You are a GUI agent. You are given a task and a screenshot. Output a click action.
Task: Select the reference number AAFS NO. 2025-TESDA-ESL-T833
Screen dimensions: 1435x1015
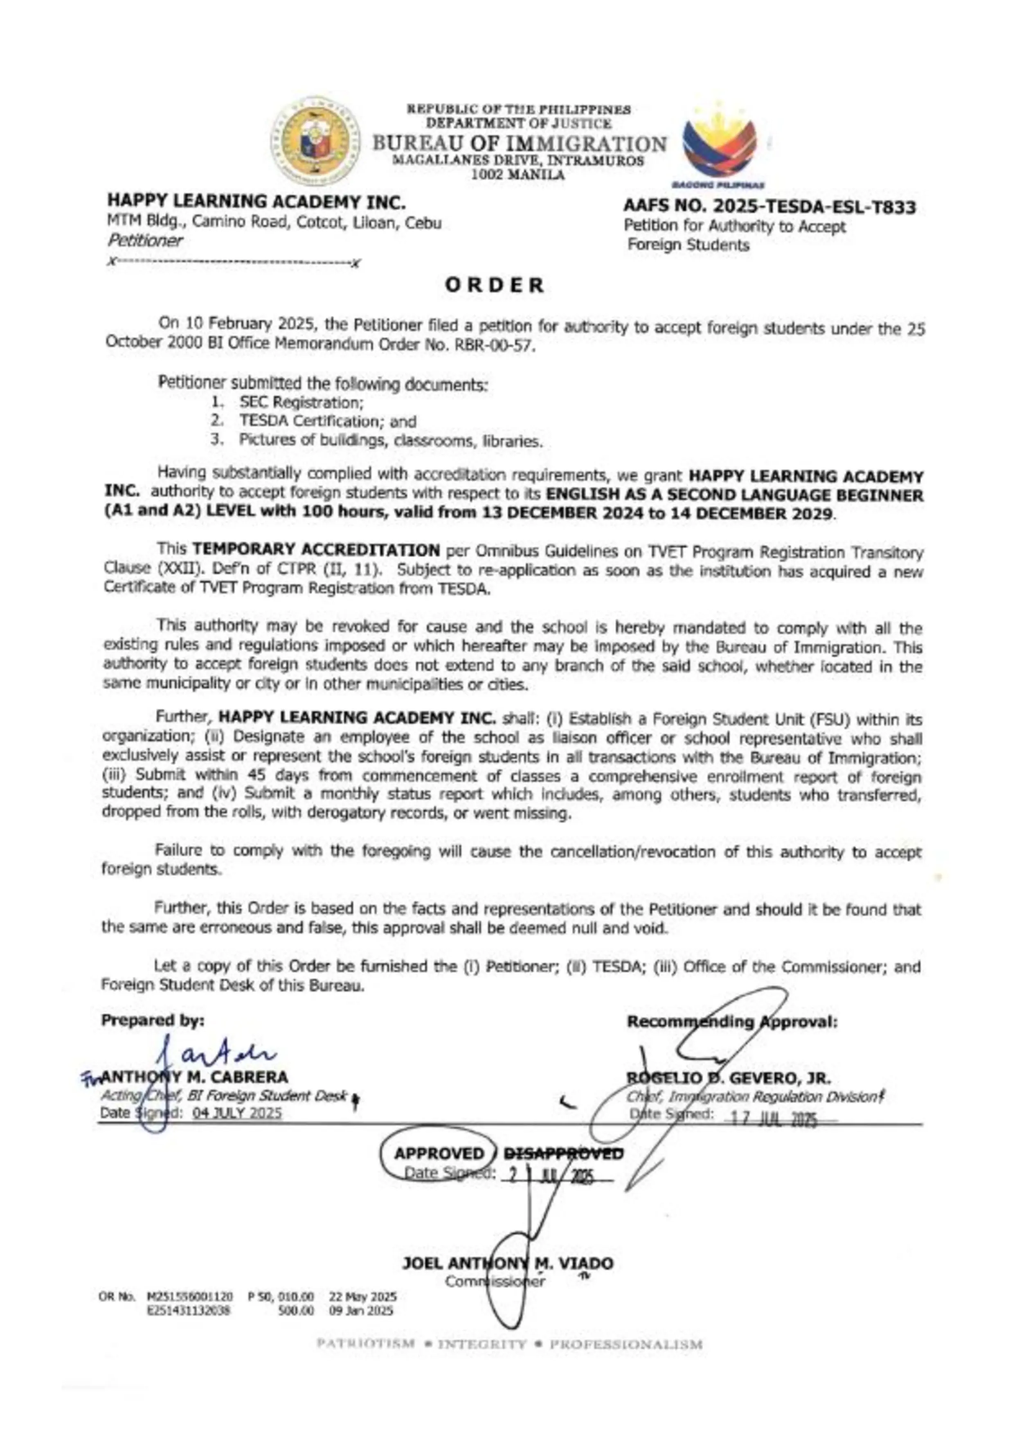click(x=769, y=207)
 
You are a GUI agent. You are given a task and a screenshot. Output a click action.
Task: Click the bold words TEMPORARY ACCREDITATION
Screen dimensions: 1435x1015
click(x=316, y=550)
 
